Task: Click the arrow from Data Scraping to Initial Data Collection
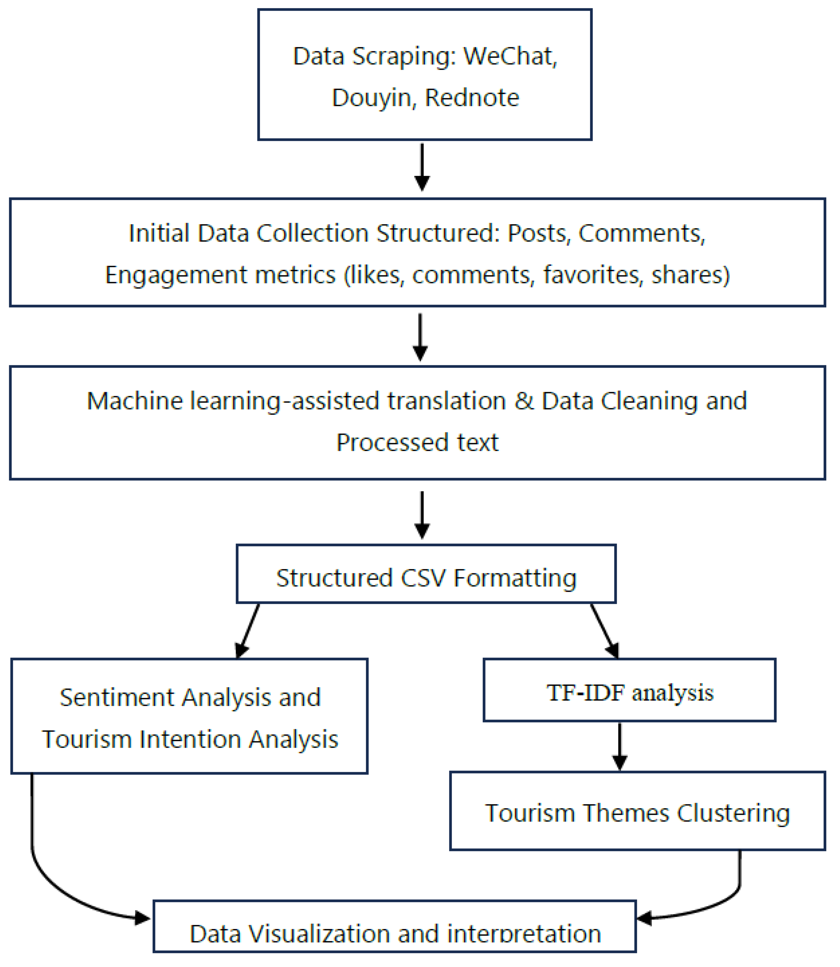[422, 167]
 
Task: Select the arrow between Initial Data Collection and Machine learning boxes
[421, 337]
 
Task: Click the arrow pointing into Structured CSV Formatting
[422, 515]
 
